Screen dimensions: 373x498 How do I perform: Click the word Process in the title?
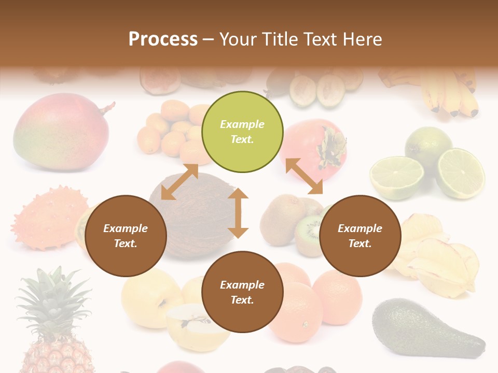click(x=163, y=39)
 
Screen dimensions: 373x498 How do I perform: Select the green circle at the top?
click(x=242, y=132)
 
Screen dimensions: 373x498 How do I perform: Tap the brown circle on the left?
click(x=126, y=236)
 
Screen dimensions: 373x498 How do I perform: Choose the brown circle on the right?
click(x=360, y=236)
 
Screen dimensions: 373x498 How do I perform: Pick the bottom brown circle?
click(x=242, y=292)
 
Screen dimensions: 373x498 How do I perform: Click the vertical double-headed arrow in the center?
click(x=238, y=213)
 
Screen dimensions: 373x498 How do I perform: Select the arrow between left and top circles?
click(x=179, y=182)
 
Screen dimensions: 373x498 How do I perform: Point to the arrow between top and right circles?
click(x=304, y=176)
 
